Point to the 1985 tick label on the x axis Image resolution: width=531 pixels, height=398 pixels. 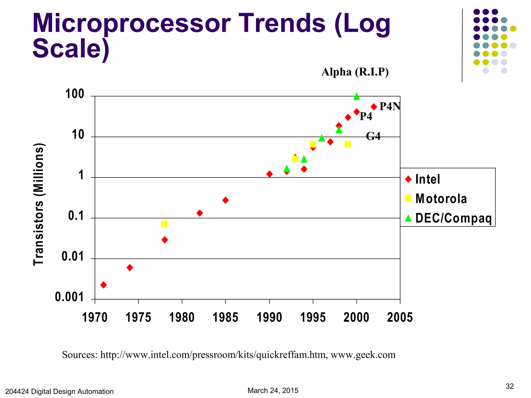225,317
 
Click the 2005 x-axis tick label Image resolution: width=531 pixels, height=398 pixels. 400,317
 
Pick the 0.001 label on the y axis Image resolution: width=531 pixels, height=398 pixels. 69,297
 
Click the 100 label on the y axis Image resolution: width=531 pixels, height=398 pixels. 75,94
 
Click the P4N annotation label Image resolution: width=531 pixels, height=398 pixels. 390,106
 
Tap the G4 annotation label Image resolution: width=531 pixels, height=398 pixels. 373,136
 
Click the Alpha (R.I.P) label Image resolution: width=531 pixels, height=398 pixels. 355,72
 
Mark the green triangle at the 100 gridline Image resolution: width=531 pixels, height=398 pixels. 357,96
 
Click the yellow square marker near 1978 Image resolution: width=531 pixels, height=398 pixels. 164,224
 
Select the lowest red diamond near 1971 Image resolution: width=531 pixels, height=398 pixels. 103,285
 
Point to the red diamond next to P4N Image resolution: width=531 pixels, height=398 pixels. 374,107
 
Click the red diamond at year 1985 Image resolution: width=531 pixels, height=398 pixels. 225,200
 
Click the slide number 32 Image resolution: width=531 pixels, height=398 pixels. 509,386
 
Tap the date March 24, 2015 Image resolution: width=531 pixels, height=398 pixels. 273,390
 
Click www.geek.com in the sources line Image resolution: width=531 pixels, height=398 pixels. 363,355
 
